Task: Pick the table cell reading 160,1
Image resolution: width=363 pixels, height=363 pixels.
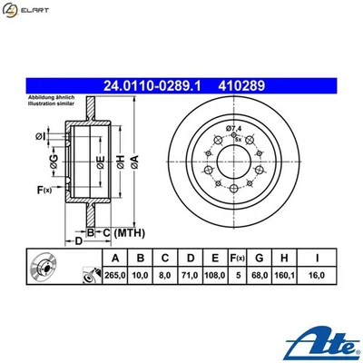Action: (288, 272)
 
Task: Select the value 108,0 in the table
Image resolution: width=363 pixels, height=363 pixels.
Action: (213, 272)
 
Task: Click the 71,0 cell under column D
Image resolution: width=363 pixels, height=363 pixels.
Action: (189, 272)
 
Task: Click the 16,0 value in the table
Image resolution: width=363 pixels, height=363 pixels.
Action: (318, 272)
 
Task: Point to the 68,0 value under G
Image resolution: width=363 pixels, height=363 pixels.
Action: (261, 272)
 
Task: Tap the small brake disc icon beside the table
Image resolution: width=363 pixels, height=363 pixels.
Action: (45, 269)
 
